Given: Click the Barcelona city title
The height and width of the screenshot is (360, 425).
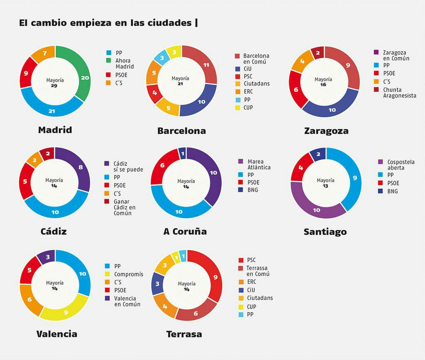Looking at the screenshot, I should [x=182, y=131].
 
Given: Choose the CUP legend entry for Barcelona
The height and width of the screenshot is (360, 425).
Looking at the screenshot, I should [x=248, y=108].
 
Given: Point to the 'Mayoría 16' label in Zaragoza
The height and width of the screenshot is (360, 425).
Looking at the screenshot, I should [x=323, y=82].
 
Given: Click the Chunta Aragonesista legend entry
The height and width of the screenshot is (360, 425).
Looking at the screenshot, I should [x=399, y=93].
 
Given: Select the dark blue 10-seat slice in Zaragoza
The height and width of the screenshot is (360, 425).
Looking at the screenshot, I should [x=332, y=110].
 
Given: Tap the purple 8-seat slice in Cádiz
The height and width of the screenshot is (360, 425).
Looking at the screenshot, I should [x=80, y=168].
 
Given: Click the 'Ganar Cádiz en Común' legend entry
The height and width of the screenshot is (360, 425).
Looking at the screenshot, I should [x=125, y=207].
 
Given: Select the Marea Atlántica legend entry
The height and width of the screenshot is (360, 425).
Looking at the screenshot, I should [x=259, y=164].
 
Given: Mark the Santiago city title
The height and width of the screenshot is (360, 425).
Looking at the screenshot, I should [x=325, y=232].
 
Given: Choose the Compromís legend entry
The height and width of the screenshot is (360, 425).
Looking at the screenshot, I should [x=128, y=274].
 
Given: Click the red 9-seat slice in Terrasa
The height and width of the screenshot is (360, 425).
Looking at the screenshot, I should [x=215, y=277].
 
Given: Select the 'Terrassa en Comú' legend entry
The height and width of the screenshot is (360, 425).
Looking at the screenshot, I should [x=258, y=271].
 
